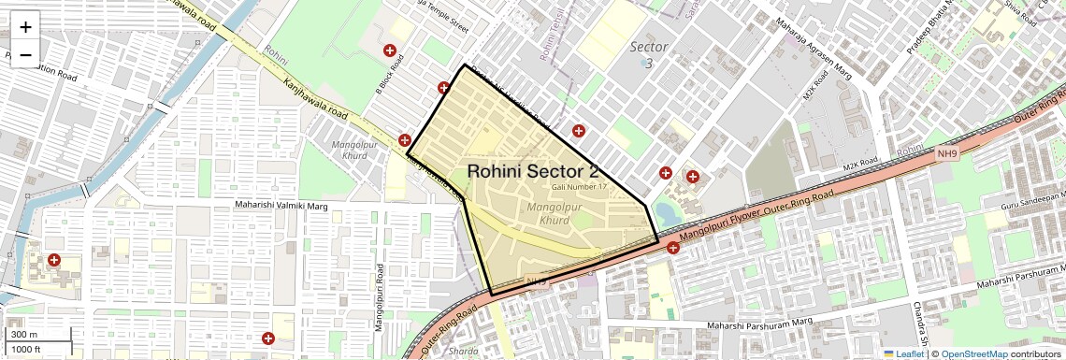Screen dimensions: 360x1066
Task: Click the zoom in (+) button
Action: point(25,26)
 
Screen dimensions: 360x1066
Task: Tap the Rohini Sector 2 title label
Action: point(532,171)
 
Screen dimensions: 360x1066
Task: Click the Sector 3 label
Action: point(648,54)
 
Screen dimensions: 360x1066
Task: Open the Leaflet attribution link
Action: point(903,353)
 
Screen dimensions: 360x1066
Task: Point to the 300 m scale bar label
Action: point(24,335)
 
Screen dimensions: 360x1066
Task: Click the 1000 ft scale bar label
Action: point(26,349)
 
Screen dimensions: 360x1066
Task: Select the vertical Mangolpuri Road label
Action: point(379,297)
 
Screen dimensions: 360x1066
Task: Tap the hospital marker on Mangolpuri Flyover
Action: point(672,249)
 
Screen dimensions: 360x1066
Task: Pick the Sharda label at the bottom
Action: point(464,352)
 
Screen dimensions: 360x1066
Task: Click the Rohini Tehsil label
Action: point(550,39)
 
